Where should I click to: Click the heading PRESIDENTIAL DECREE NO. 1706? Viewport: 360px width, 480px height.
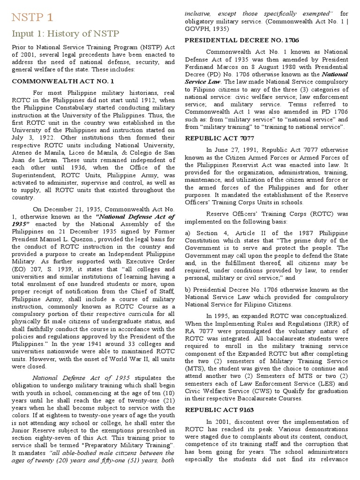click(x=242, y=40)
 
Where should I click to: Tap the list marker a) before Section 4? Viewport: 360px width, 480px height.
click(x=188, y=233)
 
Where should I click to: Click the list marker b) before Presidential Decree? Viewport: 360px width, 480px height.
click(x=188, y=289)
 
